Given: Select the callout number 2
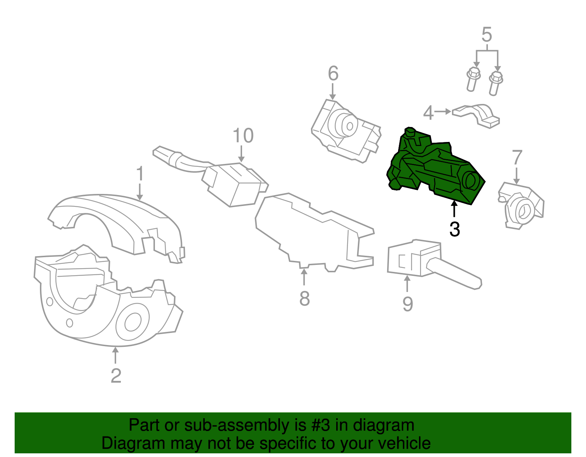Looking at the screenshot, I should click(x=116, y=375).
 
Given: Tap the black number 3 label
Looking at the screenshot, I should click(x=455, y=229).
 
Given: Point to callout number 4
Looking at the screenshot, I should click(x=428, y=113).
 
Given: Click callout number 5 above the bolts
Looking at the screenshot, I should click(x=486, y=35).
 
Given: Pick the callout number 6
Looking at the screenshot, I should click(x=333, y=74).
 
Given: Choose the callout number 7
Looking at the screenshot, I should click(x=516, y=158).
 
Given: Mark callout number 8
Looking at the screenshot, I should click(x=304, y=299).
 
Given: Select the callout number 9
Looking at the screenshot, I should click(x=408, y=304).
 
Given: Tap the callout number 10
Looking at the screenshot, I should click(x=243, y=136).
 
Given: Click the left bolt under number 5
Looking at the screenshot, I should click(x=473, y=79).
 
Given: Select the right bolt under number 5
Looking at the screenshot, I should click(x=495, y=83).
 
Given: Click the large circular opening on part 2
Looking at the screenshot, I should click(x=133, y=322).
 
